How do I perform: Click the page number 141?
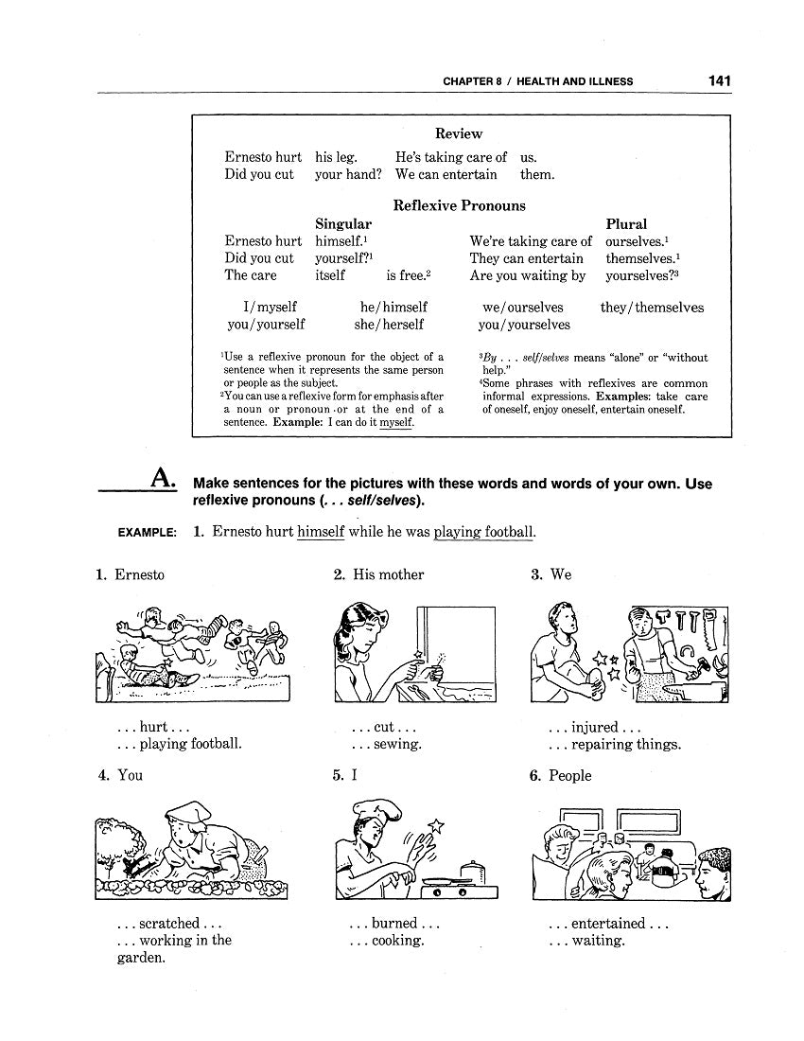click(719, 81)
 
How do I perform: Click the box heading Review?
click(459, 134)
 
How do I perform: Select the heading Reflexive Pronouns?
click(459, 205)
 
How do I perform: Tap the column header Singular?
click(343, 224)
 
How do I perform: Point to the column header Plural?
click(626, 224)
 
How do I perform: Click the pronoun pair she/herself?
click(391, 325)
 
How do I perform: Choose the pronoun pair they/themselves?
click(652, 308)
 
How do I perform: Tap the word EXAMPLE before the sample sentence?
click(147, 533)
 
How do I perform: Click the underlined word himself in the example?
click(321, 532)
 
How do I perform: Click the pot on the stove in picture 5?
click(470, 869)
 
